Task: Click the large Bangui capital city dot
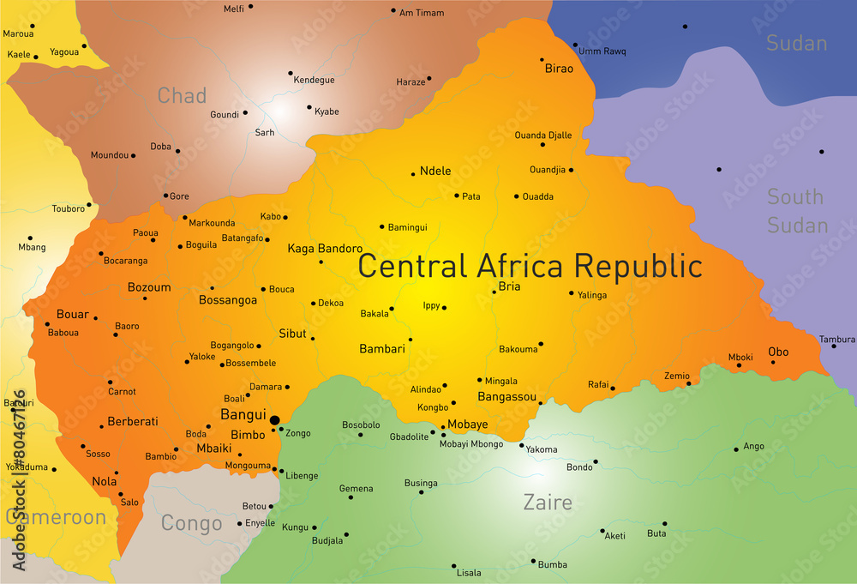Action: (x=274, y=420)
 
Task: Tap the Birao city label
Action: (x=559, y=69)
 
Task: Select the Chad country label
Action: (x=182, y=95)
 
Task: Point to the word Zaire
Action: (x=548, y=503)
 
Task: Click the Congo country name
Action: (x=192, y=523)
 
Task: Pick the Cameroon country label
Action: (x=57, y=517)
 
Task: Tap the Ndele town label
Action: (x=435, y=172)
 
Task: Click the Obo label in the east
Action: (x=778, y=352)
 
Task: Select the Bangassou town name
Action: (x=506, y=397)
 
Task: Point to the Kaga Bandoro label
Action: (x=325, y=249)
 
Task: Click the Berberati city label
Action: (x=133, y=422)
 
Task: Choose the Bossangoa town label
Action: (x=228, y=300)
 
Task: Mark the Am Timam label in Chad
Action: (x=422, y=13)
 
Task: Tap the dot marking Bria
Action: (x=494, y=292)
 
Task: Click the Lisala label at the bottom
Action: (x=469, y=573)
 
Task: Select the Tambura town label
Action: (x=837, y=340)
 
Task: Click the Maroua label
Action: (x=18, y=34)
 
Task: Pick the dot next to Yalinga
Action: (x=572, y=292)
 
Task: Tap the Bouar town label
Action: (x=73, y=315)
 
